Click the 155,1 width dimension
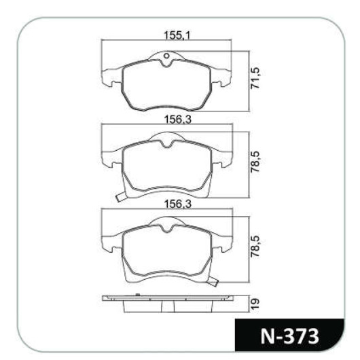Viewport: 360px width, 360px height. point(177,35)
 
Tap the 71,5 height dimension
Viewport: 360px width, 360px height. point(255,78)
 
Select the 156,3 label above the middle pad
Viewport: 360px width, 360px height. point(177,120)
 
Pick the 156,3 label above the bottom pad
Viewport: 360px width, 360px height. point(177,204)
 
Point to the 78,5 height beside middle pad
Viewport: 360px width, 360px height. point(255,162)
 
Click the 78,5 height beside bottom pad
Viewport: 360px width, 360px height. point(255,246)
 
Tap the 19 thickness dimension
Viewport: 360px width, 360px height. point(255,304)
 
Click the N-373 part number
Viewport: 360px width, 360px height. point(290,336)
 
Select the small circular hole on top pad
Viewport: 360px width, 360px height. point(166,56)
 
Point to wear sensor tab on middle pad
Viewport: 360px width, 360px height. point(121,197)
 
